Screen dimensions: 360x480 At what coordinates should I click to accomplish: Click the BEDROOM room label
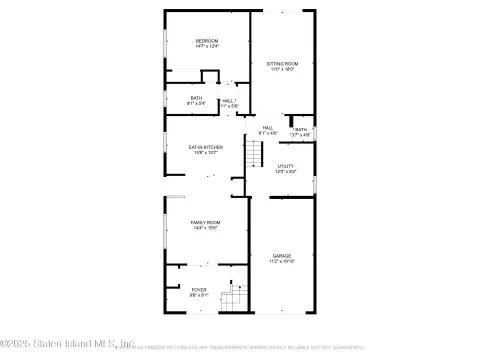pyautogui.click(x=206, y=40)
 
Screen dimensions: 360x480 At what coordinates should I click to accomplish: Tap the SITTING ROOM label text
pyautogui.click(x=282, y=64)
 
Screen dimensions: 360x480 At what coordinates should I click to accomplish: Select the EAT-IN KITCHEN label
pyautogui.click(x=206, y=147)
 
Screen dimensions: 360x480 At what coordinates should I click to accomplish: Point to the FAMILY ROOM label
pyautogui.click(x=206, y=222)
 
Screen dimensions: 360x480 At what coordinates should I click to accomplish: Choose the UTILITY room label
pyautogui.click(x=287, y=166)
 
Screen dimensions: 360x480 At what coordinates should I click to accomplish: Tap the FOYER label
pyautogui.click(x=199, y=290)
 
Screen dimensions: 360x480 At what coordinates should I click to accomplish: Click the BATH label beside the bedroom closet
pyautogui.click(x=197, y=97)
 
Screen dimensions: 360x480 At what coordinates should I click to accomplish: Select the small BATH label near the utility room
pyautogui.click(x=301, y=130)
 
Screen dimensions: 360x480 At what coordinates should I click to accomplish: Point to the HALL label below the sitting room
pyautogui.click(x=268, y=127)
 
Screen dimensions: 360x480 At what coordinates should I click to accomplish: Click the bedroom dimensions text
pyautogui.click(x=206, y=46)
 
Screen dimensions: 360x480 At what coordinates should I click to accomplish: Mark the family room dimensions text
pyautogui.click(x=206, y=228)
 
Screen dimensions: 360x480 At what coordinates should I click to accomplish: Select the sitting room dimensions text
pyautogui.click(x=282, y=70)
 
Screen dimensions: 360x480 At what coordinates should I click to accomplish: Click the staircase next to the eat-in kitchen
pyautogui.click(x=255, y=155)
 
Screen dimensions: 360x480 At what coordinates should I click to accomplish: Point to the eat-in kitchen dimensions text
pyautogui.click(x=206, y=153)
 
